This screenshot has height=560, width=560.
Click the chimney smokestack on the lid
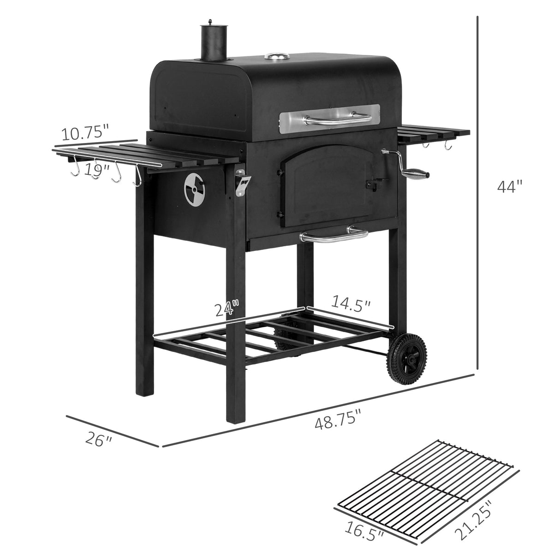[x=211, y=42]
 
